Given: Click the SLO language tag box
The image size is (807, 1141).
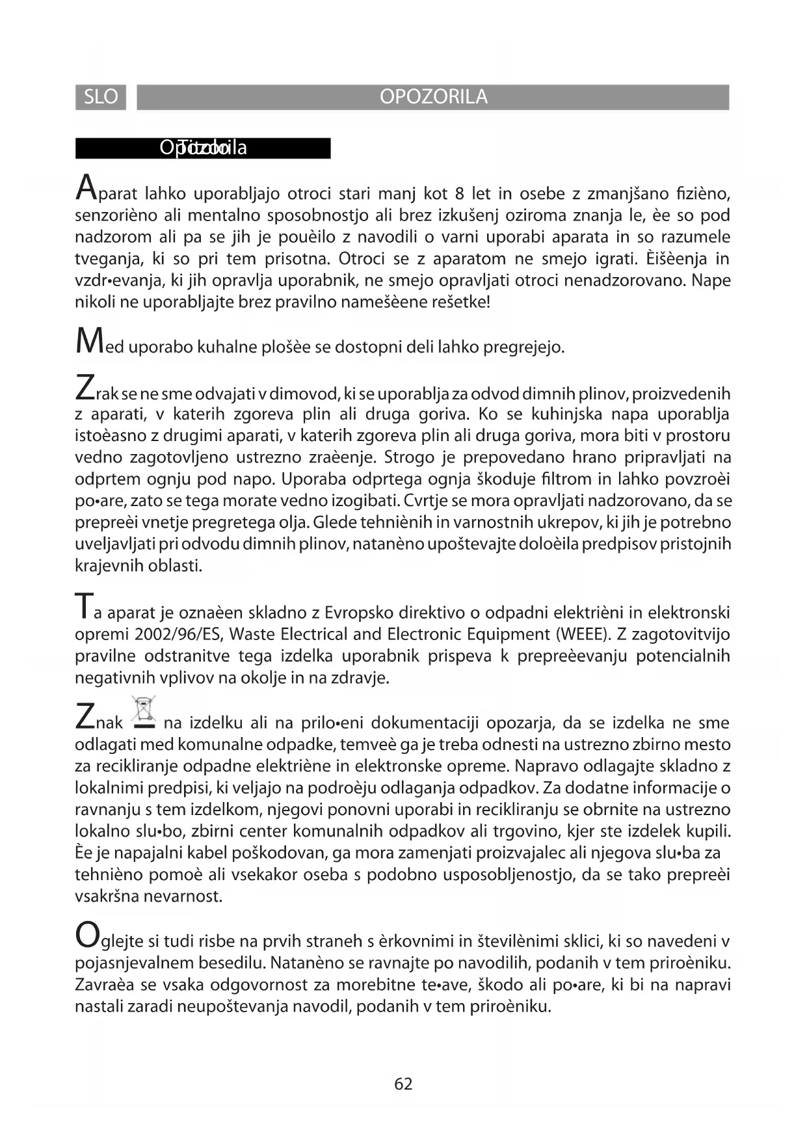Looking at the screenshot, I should (x=101, y=97).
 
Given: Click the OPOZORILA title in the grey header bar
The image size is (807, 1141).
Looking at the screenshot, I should (x=433, y=97).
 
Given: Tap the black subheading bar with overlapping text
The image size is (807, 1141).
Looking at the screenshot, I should (x=203, y=148).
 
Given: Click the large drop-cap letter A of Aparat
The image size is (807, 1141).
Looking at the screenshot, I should (x=85, y=187).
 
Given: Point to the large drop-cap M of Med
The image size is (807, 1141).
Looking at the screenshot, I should (x=86, y=341).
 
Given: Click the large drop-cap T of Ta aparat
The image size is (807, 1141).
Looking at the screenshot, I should (x=83, y=606).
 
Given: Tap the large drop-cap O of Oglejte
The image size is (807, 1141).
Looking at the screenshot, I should (x=86, y=935).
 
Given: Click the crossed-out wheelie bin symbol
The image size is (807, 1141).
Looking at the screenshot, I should (x=144, y=712).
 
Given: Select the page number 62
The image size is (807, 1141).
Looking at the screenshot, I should (x=403, y=1084).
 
